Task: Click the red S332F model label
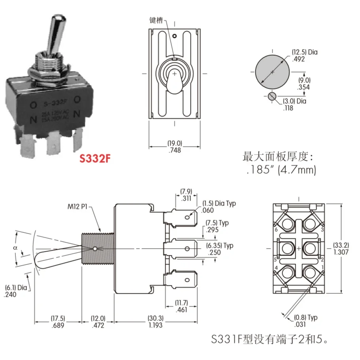(94, 159)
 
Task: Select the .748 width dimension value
(174, 150)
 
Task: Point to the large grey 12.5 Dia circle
(272, 72)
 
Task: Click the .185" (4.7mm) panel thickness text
(280, 170)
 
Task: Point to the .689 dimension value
(58, 325)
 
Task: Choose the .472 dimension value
(98, 325)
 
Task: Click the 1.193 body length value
(155, 325)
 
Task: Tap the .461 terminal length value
(181, 309)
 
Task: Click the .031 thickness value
(301, 324)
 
